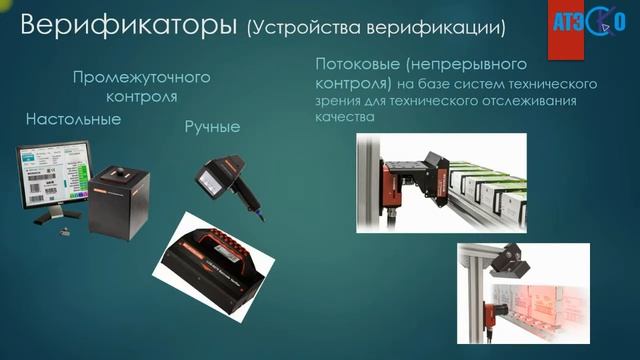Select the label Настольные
point(74,119)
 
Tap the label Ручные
point(213,126)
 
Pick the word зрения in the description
point(337,101)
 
